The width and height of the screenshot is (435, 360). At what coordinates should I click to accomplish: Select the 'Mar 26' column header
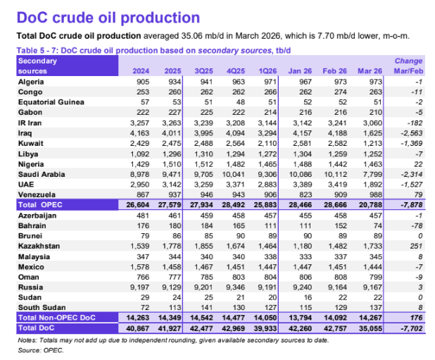coord(370,71)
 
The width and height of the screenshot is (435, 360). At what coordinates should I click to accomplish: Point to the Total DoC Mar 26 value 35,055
coord(370,328)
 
